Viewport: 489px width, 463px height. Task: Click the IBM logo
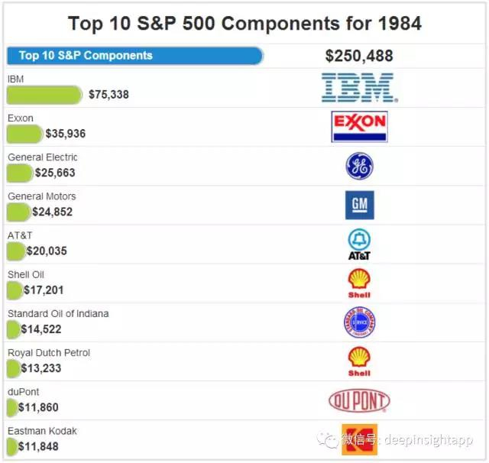[358, 88]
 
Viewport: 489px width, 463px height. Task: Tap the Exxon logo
[359, 127]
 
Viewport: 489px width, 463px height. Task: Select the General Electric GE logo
[359, 166]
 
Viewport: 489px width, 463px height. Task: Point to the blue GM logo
[359, 205]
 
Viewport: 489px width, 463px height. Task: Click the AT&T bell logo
[359, 244]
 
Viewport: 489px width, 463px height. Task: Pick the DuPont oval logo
[359, 400]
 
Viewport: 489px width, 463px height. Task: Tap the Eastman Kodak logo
[359, 439]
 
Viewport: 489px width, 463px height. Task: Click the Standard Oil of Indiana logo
[359, 322]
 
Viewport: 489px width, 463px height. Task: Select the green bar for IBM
[44, 95]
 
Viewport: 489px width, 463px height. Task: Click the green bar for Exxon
[24, 134]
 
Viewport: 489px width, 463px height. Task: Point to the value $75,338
[108, 95]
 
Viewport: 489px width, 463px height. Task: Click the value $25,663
[55, 173]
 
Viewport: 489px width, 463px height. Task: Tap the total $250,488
[359, 56]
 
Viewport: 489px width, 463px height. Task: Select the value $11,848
[38, 446]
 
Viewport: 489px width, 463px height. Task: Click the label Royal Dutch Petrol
[49, 353]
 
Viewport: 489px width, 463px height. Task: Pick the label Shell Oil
[26, 274]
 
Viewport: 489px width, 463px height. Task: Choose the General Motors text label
[42, 196]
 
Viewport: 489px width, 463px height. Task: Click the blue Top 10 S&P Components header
[134, 56]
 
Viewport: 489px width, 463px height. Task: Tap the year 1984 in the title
[399, 23]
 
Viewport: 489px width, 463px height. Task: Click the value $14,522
[41, 329]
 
